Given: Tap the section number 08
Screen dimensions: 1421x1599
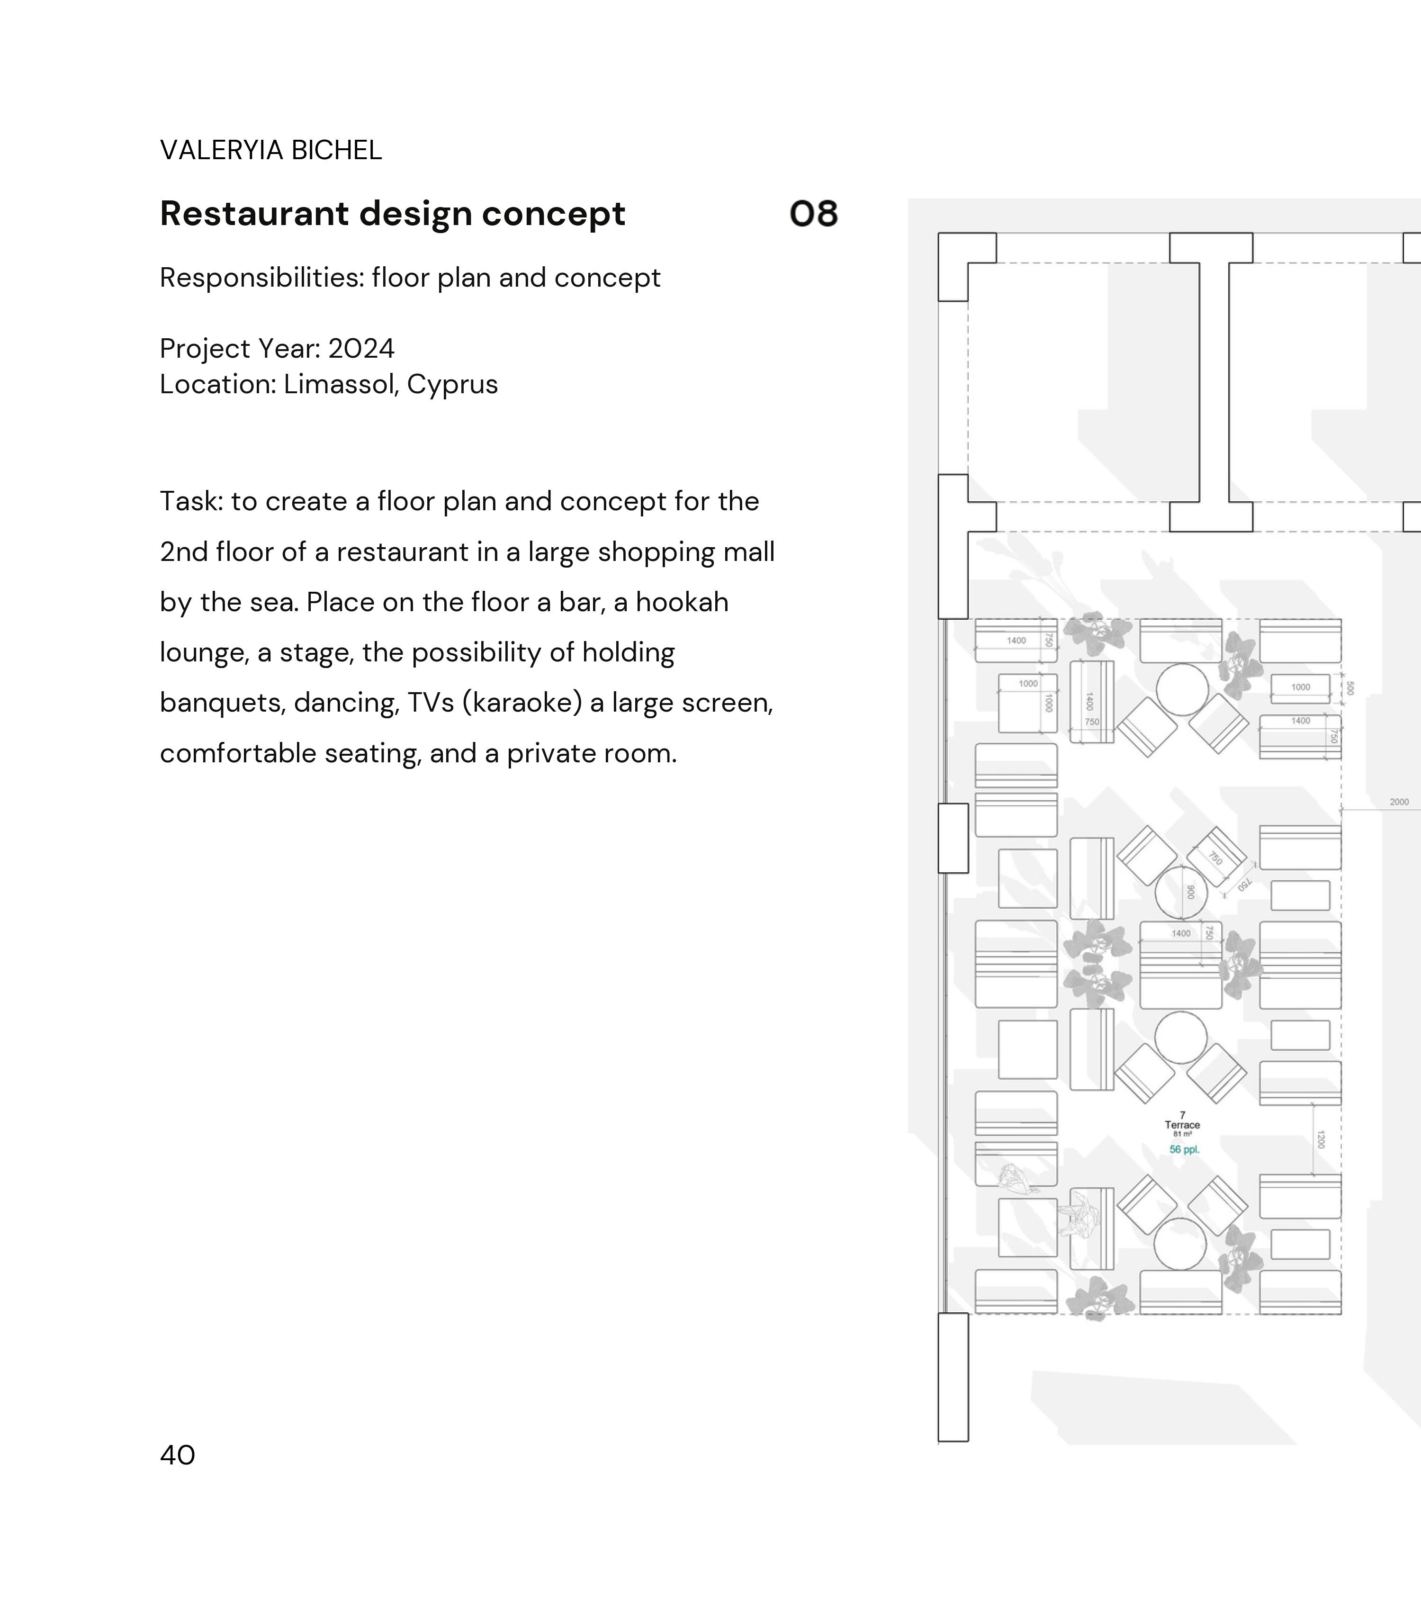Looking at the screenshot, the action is pyautogui.click(x=813, y=214).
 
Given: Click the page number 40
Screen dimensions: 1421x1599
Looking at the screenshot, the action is pyautogui.click(x=178, y=1454).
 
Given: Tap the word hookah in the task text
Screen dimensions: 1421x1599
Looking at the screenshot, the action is pyautogui.click(x=682, y=602).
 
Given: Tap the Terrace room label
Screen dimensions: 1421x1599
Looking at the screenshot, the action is pyautogui.click(x=1182, y=1125).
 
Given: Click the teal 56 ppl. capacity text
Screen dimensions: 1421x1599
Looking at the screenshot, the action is pyautogui.click(x=1184, y=1149).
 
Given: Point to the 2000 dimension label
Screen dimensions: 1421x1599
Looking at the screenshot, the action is pyautogui.click(x=1399, y=802).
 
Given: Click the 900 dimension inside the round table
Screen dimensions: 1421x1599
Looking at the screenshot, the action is pyautogui.click(x=1190, y=892).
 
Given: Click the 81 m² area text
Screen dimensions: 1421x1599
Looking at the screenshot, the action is pyautogui.click(x=1182, y=1134).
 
